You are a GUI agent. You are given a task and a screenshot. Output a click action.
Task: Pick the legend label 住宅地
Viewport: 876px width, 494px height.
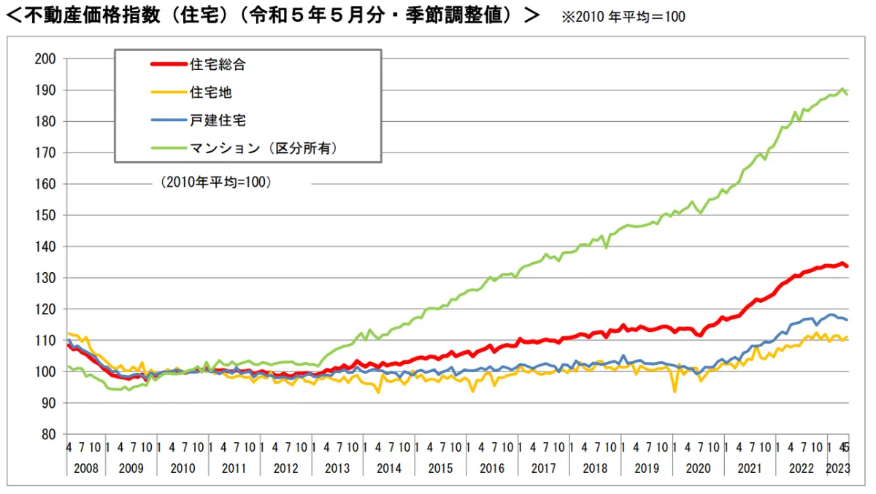tap(211, 92)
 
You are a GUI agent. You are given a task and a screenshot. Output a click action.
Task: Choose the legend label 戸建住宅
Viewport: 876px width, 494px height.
tap(217, 120)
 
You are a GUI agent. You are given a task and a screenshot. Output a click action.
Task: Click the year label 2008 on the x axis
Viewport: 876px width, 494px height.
tap(86, 468)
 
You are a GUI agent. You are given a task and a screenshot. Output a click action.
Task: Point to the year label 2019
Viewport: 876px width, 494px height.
tap(646, 468)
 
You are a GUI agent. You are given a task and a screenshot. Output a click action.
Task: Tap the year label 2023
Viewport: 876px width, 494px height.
tap(837, 468)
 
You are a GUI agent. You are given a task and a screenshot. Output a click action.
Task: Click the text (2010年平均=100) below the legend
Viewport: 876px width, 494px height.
tap(216, 182)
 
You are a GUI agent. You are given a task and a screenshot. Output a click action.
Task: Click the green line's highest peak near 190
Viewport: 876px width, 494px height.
tap(842, 89)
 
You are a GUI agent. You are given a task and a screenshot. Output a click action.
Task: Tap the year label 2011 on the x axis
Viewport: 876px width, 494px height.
tap(234, 468)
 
